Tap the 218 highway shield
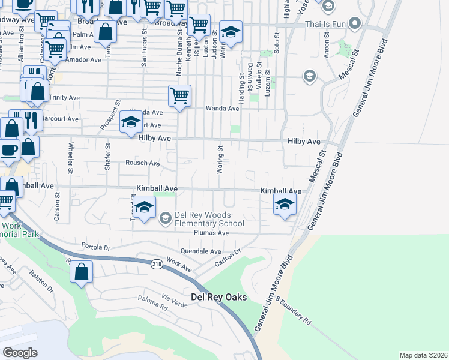[157, 265]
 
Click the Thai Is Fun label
[326, 25]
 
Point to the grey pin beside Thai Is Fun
[354, 25]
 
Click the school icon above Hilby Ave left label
[130, 122]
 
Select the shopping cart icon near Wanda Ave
[179, 95]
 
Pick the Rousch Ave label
[142, 163]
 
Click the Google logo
[20, 352]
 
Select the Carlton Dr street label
[228, 259]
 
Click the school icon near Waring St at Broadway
[231, 32]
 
